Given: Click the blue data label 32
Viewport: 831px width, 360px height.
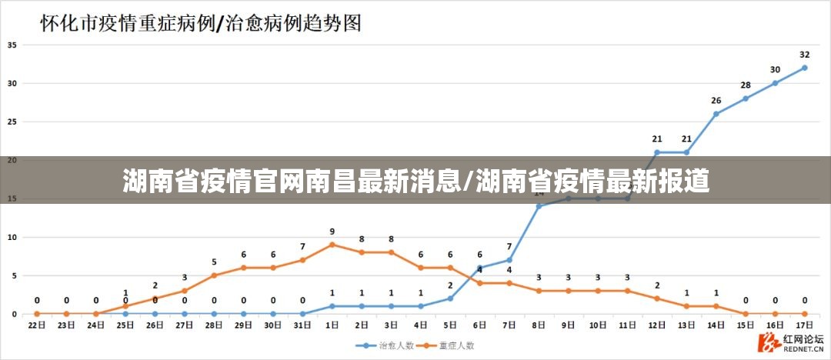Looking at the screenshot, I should (x=804, y=55).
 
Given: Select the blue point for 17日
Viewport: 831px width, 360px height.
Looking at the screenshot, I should (x=804, y=68).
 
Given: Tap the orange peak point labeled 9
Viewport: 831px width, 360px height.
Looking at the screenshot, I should (x=332, y=245).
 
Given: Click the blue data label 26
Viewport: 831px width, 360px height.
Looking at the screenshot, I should (x=716, y=101).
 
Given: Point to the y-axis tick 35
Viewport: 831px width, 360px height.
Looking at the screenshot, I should (x=12, y=45).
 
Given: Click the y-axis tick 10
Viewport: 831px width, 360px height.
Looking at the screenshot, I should (x=12, y=237).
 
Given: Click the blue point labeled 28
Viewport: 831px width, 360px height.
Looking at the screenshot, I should (x=745, y=98).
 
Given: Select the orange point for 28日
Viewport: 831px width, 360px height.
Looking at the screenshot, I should (x=214, y=275).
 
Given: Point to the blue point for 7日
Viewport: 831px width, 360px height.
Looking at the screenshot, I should (x=509, y=260).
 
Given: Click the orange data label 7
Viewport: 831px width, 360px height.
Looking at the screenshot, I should (x=302, y=247).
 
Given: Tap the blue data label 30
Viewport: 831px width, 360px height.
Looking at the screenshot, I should (x=775, y=70).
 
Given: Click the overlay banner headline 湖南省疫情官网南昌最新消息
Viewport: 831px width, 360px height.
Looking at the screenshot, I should (x=293, y=182).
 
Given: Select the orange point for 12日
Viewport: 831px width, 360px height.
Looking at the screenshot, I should (x=656, y=298).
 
